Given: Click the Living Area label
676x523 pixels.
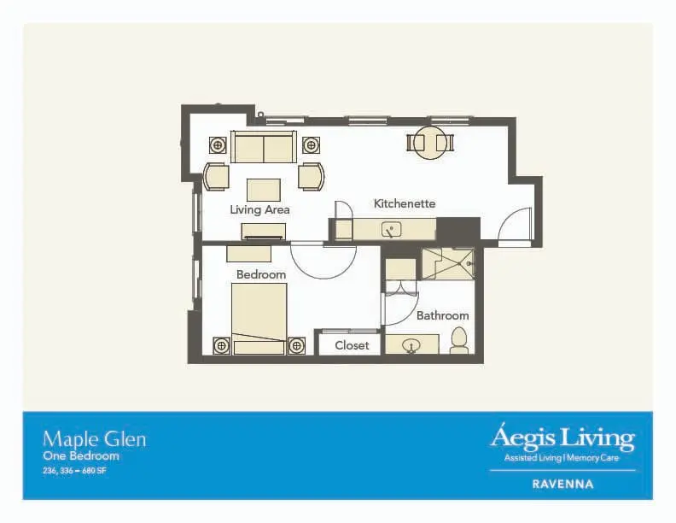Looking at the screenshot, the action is [x=259, y=210].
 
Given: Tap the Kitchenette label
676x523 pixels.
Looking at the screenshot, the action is [x=405, y=203].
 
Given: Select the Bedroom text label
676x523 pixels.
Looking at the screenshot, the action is [x=261, y=274].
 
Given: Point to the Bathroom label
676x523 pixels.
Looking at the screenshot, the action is [x=443, y=315].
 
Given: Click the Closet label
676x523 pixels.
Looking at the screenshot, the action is [x=352, y=345].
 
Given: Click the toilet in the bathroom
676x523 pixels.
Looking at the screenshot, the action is [x=459, y=340].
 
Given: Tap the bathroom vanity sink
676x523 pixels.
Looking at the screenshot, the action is [x=411, y=345].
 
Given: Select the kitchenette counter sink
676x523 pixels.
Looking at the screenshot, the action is [x=392, y=230].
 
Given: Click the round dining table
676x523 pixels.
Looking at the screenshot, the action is [x=430, y=143].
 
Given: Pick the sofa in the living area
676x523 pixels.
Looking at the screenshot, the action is [x=264, y=147].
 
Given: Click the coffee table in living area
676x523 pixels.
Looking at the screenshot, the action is [x=264, y=190].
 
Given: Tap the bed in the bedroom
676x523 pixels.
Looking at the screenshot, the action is [x=259, y=319].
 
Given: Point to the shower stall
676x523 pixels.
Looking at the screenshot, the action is [x=448, y=264].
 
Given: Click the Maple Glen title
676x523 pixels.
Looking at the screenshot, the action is [x=95, y=440].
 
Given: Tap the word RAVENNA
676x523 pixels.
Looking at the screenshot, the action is [x=562, y=485].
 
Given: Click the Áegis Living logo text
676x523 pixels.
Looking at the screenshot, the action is [x=562, y=438].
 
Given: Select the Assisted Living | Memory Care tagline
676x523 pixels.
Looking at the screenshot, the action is [x=562, y=458].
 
